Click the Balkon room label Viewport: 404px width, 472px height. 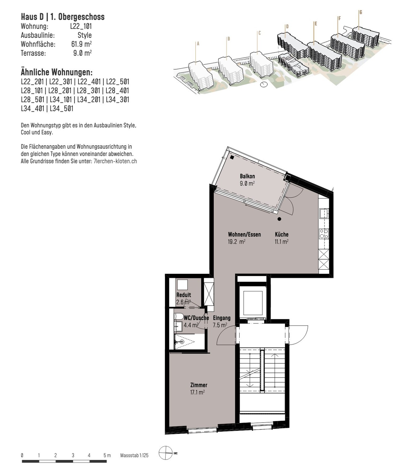tap(247, 176)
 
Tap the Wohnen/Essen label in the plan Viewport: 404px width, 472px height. tap(244, 234)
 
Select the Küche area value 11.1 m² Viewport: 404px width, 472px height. tap(282, 242)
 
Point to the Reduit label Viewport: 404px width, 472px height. tap(184, 295)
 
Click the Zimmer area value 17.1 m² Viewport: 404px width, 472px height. tap(197, 392)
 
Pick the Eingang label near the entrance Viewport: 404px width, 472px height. tap(222, 317)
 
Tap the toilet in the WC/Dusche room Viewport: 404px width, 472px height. tap(178, 317)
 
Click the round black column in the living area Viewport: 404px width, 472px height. tap(279, 219)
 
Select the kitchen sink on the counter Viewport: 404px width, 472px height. tap(324, 214)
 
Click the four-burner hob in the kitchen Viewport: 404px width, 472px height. tap(324, 233)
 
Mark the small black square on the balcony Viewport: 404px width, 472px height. tap(232, 157)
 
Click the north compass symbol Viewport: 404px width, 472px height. tap(167, 452)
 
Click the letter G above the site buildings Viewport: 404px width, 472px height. tap(361, 12)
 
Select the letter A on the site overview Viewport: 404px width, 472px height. tap(198, 44)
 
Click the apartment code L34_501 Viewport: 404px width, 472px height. tap(61, 109)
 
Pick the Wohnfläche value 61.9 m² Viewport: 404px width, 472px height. tap(81, 44)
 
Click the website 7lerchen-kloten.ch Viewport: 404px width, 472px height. tap(115, 161)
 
